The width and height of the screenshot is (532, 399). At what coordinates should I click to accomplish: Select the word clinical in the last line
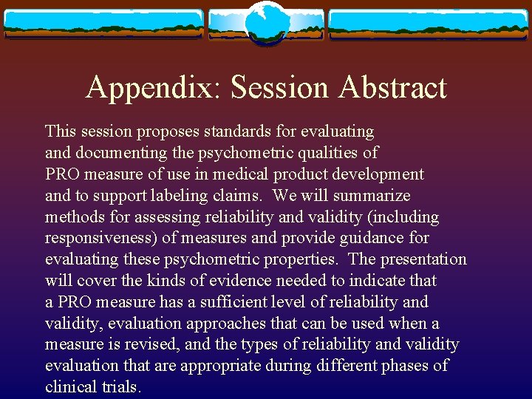point(72,387)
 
